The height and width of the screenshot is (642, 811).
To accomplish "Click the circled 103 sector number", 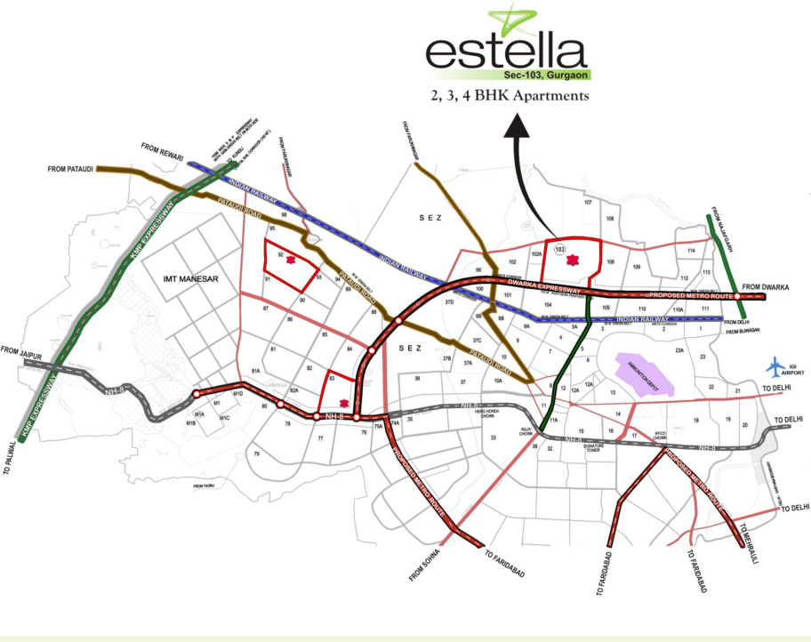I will (x=559, y=250).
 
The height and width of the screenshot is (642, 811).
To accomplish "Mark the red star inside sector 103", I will (x=572, y=260).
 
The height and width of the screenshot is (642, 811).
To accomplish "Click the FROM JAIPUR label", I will (x=21, y=352).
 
